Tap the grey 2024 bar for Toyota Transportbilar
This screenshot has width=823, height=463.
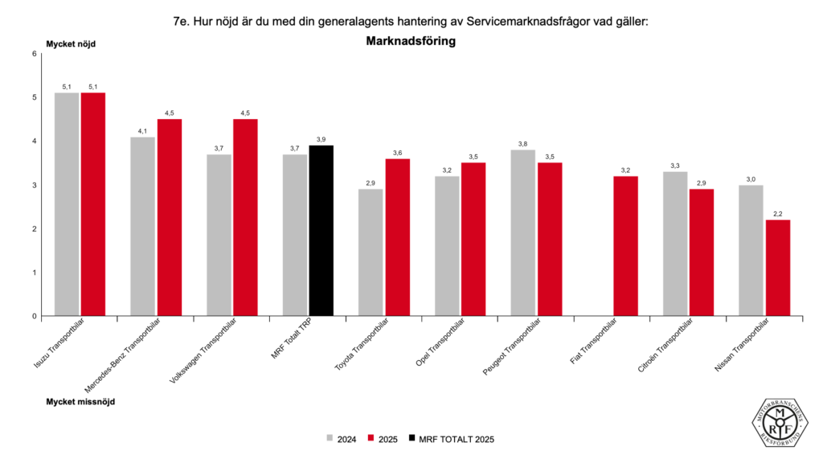[x=371, y=252]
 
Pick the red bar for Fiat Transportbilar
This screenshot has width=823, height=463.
[x=625, y=246]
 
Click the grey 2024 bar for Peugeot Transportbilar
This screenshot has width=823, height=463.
[x=522, y=233]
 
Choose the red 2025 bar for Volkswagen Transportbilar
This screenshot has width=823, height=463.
[x=245, y=217]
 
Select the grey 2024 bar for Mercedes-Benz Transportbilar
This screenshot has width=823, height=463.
[x=143, y=226]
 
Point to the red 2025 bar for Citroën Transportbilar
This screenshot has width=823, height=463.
[x=701, y=252]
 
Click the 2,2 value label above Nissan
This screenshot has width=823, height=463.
[x=777, y=213]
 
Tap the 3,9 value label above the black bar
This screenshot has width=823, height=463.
[x=321, y=139]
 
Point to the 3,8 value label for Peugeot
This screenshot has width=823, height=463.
[x=522, y=143]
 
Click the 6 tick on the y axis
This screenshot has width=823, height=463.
[x=35, y=54]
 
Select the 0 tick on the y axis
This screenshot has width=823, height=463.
[x=35, y=316]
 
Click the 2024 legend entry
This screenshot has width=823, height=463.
[x=342, y=439]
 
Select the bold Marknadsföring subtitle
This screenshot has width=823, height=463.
[x=411, y=42]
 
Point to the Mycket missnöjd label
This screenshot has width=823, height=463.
[x=80, y=400]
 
